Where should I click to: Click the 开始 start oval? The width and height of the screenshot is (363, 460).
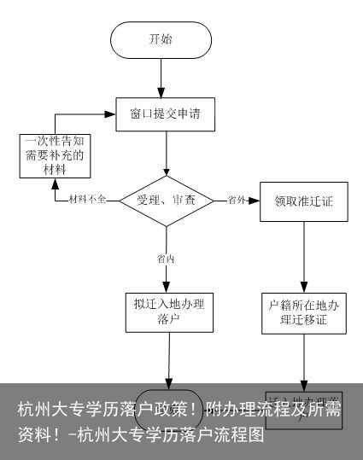[x=161, y=39]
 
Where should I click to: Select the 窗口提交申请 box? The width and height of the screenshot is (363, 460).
[x=165, y=112]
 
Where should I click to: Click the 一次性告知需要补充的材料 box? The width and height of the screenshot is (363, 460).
[x=56, y=155]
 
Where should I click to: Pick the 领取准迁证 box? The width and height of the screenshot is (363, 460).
[x=303, y=201]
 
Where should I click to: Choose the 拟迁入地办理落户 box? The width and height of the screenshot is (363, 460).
[x=167, y=311]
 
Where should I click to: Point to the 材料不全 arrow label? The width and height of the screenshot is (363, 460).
[x=88, y=200]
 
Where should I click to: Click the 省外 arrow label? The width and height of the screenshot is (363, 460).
[x=237, y=200]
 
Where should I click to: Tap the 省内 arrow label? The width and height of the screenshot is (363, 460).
[x=166, y=257]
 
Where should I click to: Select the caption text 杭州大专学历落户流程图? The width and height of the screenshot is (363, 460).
[x=171, y=434]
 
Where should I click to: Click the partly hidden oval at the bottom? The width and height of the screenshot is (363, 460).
[x=168, y=400]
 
